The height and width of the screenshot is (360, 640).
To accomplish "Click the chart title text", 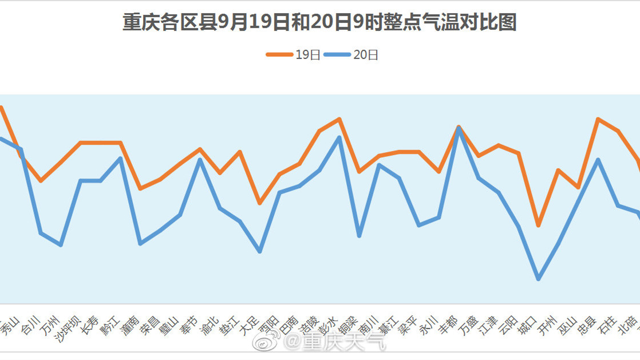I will [319, 22].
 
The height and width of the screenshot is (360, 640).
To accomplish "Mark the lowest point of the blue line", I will [538, 279].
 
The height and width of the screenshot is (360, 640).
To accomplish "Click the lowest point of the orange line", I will [538, 225].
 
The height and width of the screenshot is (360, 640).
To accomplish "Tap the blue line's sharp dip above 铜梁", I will [359, 235].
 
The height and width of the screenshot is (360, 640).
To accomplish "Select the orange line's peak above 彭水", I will [339, 119].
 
